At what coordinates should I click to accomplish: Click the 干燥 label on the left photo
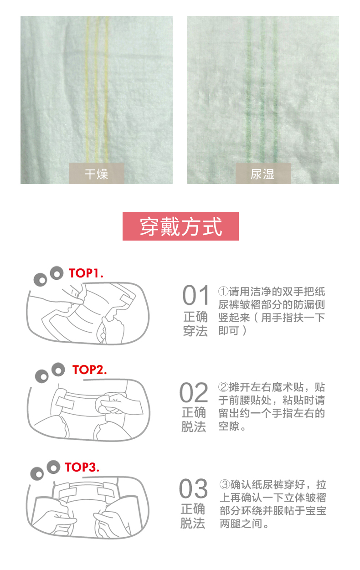[97, 174]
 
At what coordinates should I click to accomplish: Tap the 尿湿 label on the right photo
[263, 174]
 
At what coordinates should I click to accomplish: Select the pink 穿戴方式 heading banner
[180, 226]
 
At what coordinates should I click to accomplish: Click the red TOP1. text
[86, 273]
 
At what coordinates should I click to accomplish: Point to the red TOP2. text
[90, 370]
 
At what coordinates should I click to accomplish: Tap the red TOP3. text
[82, 467]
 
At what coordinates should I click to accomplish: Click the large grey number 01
[196, 296]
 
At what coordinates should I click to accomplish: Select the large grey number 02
[194, 392]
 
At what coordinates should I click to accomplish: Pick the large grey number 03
[193, 489]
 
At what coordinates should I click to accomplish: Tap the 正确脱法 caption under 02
[194, 420]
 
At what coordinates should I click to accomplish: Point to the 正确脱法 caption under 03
[193, 516]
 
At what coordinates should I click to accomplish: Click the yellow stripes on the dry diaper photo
[97, 91]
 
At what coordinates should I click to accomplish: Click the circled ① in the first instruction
[223, 292]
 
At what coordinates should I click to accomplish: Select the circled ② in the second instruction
[223, 388]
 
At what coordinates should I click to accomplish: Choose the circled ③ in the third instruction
[224, 484]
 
